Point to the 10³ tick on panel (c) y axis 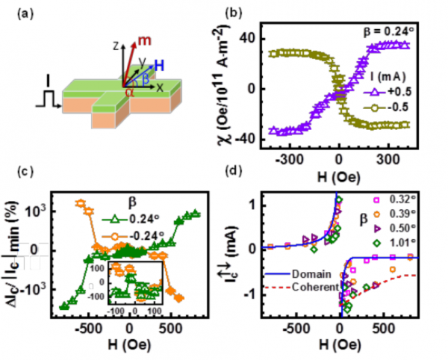click(39, 212)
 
